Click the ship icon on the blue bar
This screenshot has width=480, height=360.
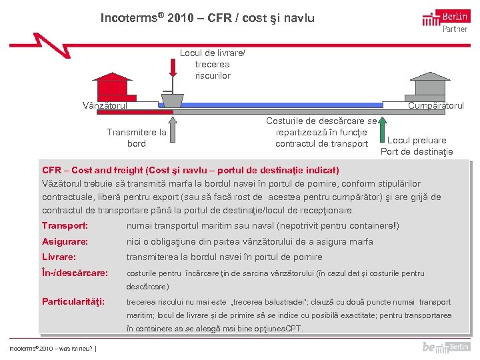[172, 100]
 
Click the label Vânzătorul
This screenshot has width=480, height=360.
[105, 105]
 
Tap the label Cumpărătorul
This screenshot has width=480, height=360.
[436, 105]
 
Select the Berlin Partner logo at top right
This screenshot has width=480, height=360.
[446, 20]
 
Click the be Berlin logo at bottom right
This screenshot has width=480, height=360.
[445, 347]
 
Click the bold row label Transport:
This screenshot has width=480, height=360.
[65, 226]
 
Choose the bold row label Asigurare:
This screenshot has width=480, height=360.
[65, 241]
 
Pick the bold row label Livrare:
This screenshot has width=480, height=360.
[59, 257]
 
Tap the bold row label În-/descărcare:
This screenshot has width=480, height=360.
[75, 273]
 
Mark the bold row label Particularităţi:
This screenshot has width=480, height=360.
[73, 302]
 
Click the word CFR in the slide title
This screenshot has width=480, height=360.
[220, 18]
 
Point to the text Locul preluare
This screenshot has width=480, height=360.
[417, 140]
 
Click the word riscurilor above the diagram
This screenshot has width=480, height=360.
[213, 75]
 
